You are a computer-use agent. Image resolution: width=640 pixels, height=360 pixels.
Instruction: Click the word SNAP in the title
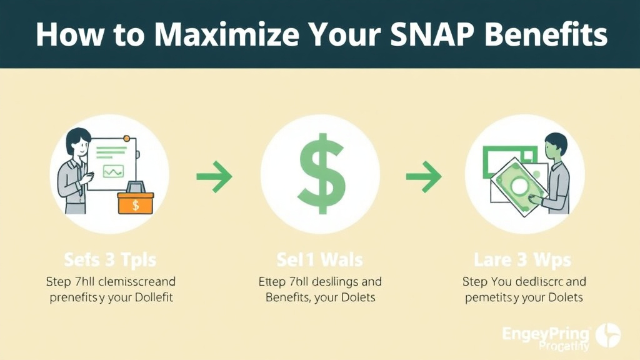[x=437, y=34]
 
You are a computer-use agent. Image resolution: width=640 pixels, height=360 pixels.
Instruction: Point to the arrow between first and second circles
[x=214, y=178]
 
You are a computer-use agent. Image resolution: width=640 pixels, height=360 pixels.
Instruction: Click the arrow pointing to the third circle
[x=424, y=178]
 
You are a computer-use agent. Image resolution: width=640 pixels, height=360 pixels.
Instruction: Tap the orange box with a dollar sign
[x=135, y=202]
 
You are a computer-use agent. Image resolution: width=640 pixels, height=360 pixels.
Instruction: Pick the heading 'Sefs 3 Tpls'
[x=109, y=259]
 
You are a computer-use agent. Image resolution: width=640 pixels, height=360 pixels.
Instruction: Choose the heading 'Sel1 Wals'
[x=320, y=259]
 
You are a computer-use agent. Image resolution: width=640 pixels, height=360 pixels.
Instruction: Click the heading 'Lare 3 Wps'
[x=523, y=259]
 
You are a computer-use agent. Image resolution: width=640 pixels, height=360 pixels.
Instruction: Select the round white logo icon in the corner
[x=608, y=336]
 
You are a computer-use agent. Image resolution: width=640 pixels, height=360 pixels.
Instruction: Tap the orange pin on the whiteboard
[x=127, y=138]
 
